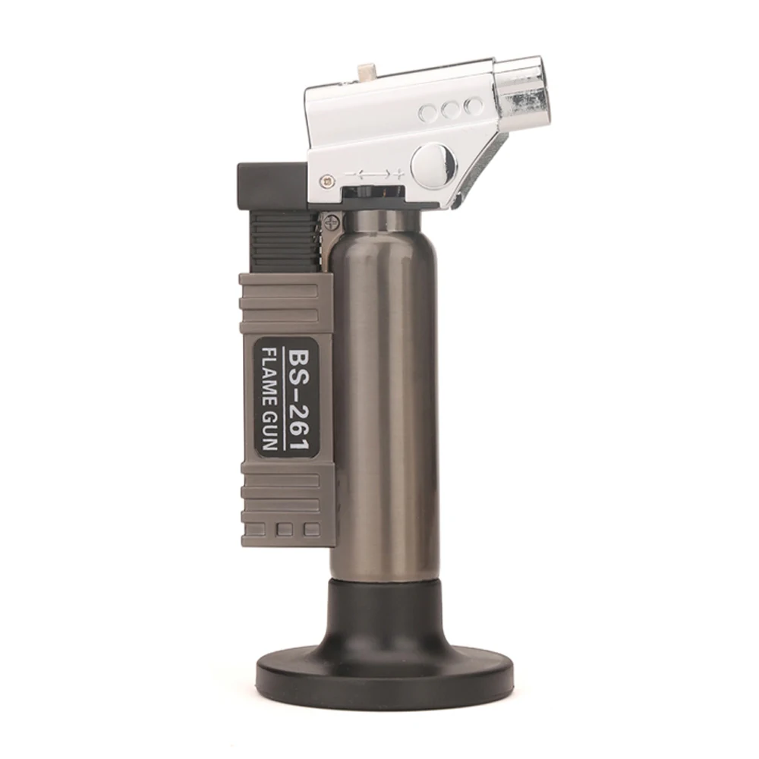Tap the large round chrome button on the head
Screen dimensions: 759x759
tap(433, 163)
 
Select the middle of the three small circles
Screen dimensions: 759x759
tap(451, 111)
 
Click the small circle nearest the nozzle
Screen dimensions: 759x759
tap(474, 106)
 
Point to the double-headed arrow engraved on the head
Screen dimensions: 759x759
tap(372, 175)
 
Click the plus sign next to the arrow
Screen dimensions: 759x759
tap(398, 175)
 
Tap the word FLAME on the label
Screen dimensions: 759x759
tap(270, 376)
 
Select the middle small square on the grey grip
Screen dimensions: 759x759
tap(285, 529)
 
